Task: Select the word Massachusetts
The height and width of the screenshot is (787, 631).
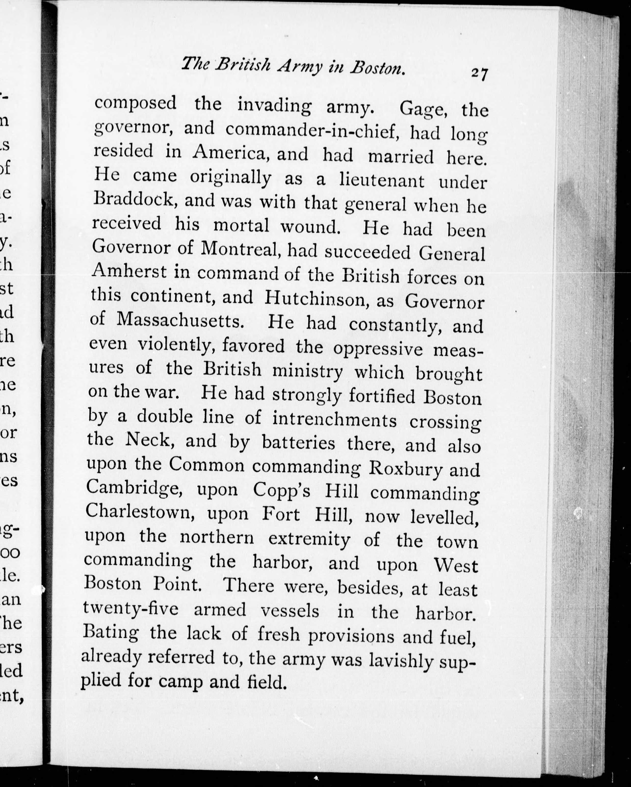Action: (180, 321)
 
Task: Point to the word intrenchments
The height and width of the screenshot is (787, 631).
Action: (334, 420)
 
